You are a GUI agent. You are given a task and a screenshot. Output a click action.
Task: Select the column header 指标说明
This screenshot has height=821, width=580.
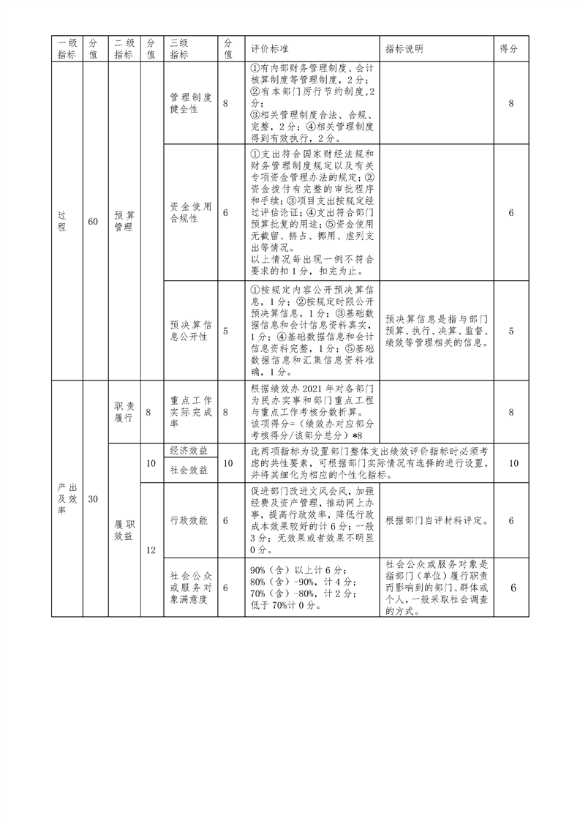point(404,49)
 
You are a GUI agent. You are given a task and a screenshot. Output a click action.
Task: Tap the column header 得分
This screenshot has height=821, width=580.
point(509,49)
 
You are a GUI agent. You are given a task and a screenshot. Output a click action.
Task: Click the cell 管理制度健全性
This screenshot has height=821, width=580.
point(191,103)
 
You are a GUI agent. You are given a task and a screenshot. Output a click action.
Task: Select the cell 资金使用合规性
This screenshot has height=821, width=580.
point(191,212)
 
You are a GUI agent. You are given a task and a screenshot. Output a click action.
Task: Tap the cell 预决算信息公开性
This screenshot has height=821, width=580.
point(191,331)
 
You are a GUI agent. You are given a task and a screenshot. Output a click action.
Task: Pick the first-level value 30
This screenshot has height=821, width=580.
point(92,500)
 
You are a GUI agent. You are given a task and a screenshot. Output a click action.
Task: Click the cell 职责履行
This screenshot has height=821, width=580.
point(124,412)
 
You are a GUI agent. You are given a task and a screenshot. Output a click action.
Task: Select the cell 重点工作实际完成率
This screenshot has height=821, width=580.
point(191,412)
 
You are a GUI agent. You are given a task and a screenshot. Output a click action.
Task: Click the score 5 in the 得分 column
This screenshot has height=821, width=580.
point(511,331)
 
